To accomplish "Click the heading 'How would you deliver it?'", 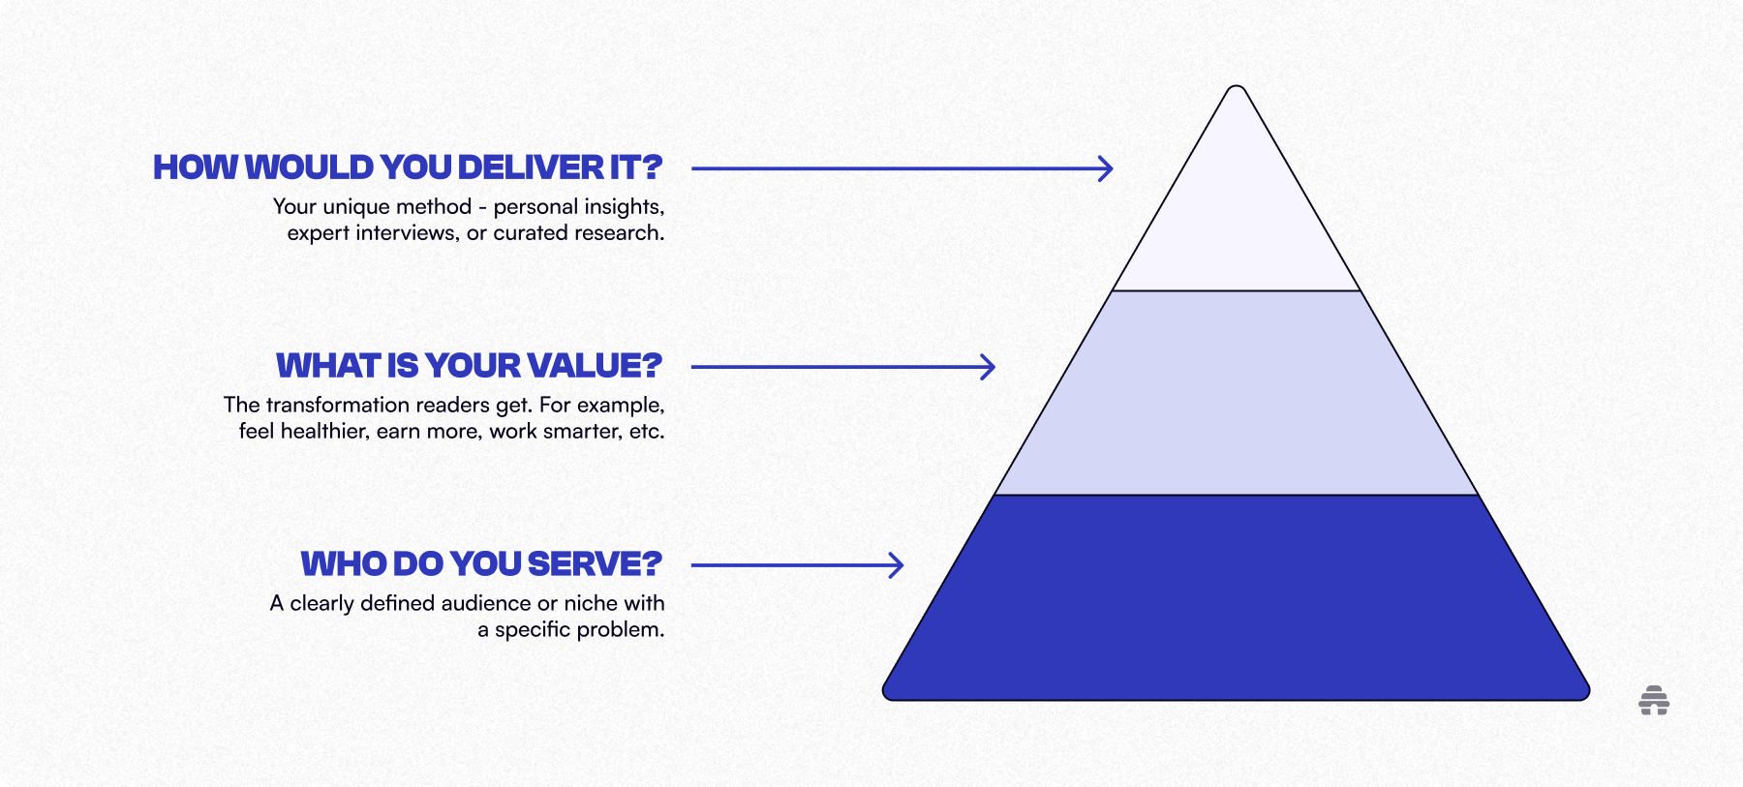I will [408, 167].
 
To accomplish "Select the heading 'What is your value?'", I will [469, 366].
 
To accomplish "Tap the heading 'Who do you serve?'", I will [481, 564].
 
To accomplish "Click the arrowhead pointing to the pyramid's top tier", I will [1106, 168].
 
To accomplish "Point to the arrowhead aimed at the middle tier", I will [988, 367].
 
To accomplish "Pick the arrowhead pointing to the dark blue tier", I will [897, 565].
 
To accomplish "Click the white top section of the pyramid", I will [1237, 213].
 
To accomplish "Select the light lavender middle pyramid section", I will [1237, 392].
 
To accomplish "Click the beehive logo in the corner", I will [1654, 700].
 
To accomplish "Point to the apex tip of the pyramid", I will [1237, 89].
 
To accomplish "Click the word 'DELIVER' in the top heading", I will [531, 167].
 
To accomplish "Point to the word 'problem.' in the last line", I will [622, 630].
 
